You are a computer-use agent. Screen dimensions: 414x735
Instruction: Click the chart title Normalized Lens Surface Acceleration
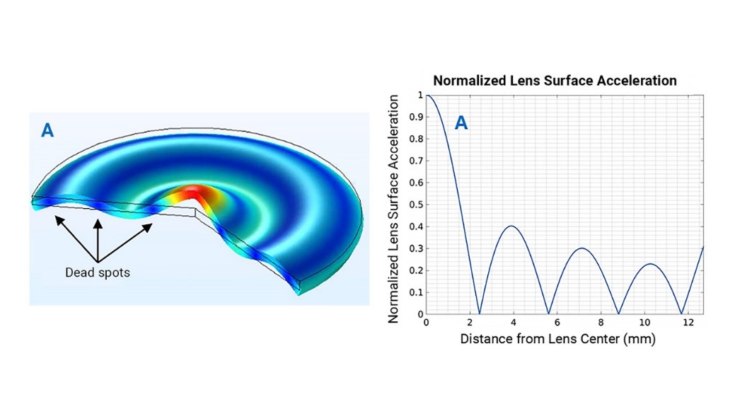pyautogui.click(x=555, y=80)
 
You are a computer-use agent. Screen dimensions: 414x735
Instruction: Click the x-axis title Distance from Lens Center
pyautogui.click(x=557, y=339)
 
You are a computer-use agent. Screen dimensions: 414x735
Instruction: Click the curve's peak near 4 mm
pyautogui.click(x=511, y=226)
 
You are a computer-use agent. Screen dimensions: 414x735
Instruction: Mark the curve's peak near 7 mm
pyautogui.click(x=581, y=248)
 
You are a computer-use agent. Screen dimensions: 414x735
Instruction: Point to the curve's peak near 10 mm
pyautogui.click(x=651, y=264)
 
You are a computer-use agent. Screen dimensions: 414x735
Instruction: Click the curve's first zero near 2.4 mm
pyautogui.click(x=479, y=314)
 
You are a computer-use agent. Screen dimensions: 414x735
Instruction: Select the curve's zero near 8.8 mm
pyautogui.click(x=618, y=314)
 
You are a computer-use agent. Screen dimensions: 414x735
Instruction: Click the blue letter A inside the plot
pyautogui.click(x=461, y=123)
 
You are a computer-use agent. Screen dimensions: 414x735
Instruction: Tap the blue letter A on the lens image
pyautogui.click(x=48, y=130)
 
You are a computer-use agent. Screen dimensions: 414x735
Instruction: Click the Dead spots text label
pyautogui.click(x=98, y=272)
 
